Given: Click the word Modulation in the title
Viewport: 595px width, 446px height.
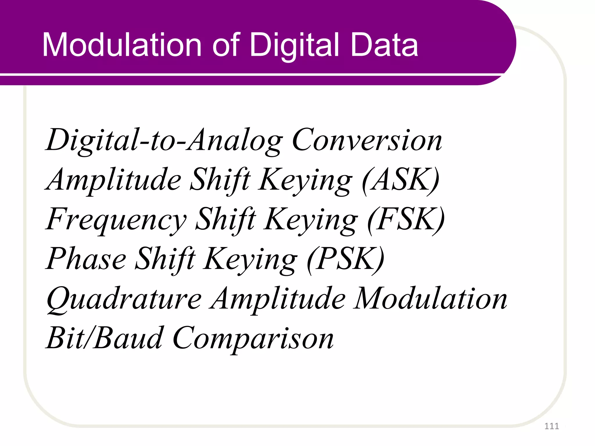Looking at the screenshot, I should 122,45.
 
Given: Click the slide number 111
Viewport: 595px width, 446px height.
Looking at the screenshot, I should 551,426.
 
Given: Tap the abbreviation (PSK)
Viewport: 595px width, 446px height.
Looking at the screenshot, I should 346,259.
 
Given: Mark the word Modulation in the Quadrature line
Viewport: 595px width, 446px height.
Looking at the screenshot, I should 430,299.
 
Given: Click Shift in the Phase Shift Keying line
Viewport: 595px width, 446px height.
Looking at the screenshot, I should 165,259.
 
